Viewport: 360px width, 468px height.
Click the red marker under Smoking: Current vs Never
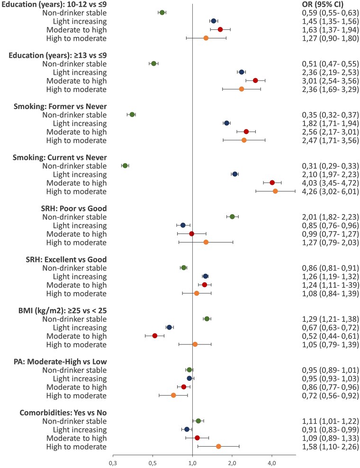coord(272,182)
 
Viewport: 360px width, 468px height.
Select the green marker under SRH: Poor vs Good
coord(232,216)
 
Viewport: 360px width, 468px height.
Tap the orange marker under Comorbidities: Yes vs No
coord(218,446)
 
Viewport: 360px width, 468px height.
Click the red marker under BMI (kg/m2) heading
coord(154,335)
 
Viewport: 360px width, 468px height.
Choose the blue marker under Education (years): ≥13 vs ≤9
coord(242,72)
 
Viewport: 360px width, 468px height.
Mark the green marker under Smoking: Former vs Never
coord(132,115)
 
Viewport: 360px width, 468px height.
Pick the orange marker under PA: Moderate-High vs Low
coord(173,395)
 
